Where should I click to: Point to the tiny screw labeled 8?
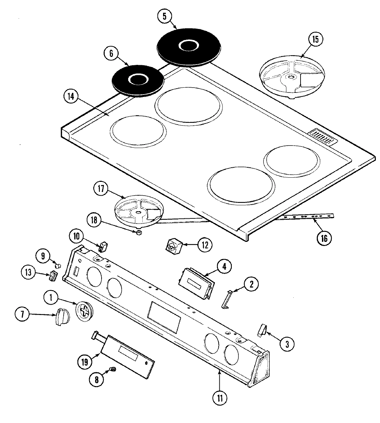[112, 370]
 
